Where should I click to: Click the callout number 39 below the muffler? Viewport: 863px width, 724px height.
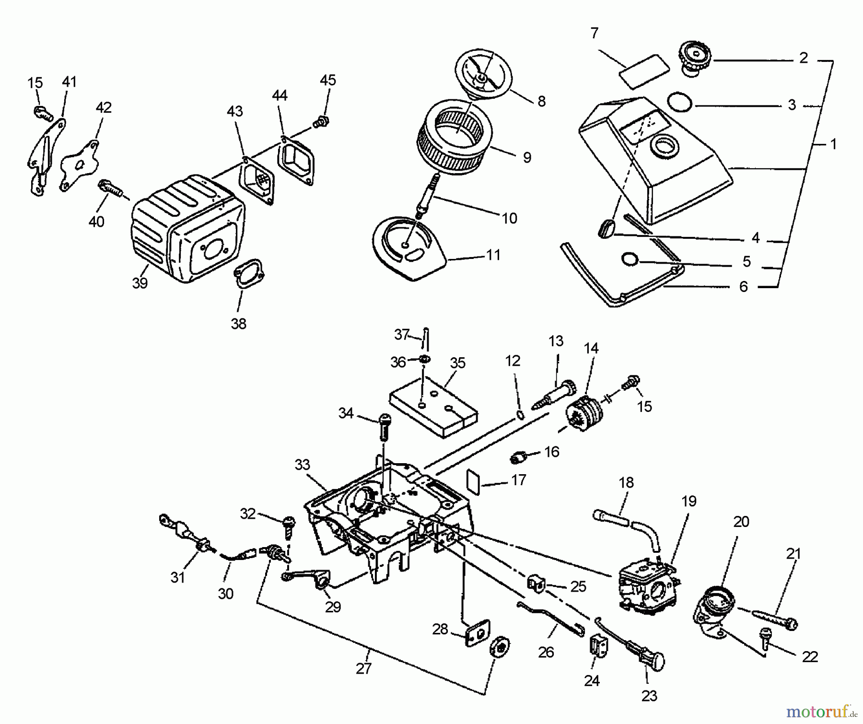tap(140, 283)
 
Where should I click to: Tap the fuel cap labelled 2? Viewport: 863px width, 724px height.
tap(696, 58)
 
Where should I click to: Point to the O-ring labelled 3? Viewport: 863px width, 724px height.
tap(679, 102)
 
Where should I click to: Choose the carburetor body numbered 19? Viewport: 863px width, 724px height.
tap(648, 587)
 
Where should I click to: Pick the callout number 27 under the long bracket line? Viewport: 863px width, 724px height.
tap(363, 668)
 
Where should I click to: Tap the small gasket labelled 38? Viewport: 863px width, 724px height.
tap(249, 274)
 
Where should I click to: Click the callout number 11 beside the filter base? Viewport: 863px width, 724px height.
tap(493, 255)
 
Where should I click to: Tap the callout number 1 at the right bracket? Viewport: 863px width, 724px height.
tap(833, 144)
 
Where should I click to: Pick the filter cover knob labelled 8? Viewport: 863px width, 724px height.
tap(483, 77)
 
